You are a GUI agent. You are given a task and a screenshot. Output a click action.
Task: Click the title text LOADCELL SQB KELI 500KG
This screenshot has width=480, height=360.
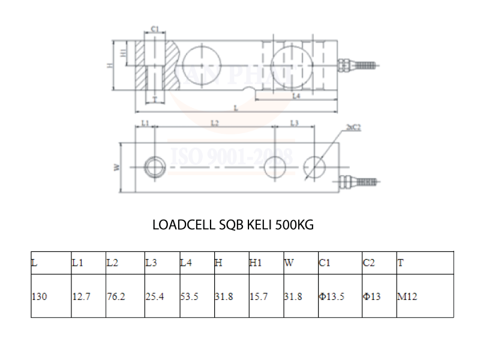233,226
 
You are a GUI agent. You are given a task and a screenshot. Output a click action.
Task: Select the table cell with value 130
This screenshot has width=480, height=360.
39,296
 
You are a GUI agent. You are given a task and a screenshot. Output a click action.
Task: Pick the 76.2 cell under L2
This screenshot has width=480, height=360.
116,296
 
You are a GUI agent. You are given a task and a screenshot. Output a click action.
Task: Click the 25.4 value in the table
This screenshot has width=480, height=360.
154,296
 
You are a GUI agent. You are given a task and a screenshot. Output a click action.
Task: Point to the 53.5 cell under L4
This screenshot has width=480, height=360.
189,296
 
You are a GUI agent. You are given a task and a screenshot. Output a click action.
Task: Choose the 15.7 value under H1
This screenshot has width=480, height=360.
259,296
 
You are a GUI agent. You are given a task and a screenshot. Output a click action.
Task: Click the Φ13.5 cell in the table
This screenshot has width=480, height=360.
332,296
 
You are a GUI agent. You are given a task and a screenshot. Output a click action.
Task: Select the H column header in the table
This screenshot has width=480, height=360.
218,263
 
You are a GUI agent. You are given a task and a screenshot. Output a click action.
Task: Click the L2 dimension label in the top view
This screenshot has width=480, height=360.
215,122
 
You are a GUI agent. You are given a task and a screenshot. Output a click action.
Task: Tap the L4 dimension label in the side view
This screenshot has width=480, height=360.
296,96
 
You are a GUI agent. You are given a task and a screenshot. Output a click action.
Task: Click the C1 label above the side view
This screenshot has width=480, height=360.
154,29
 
